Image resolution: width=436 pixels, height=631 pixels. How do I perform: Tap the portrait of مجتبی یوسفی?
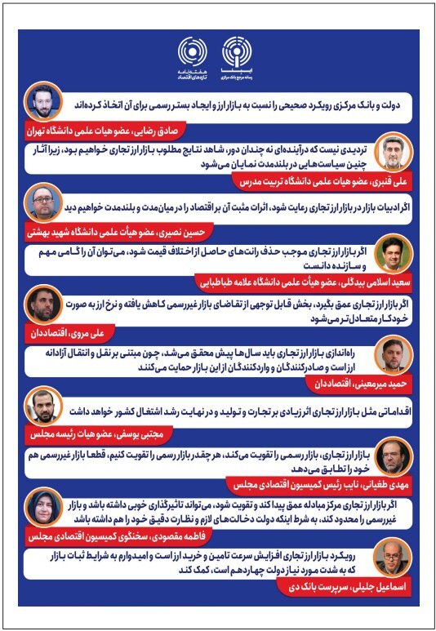click(42, 406)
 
